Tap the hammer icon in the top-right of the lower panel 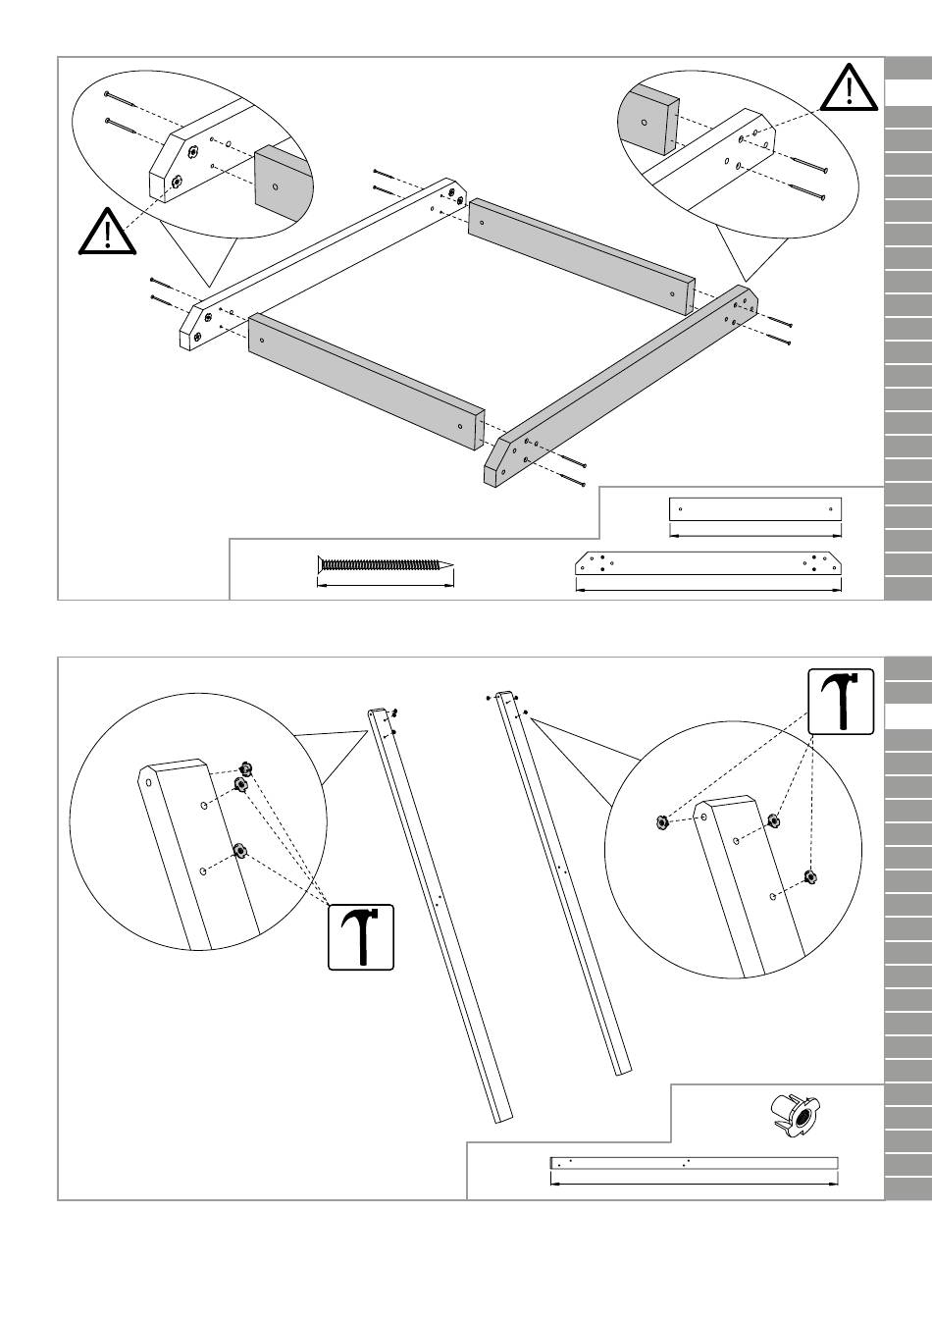tap(840, 701)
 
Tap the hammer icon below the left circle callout tap(361, 937)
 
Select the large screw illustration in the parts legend tap(385, 564)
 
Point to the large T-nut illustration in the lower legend tap(793, 1115)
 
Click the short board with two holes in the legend tap(754, 509)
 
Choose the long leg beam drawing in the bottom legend tap(694, 1163)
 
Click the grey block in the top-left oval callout tap(281, 179)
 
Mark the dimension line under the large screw tap(385, 586)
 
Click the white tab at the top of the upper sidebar tap(907, 93)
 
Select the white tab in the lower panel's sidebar tap(907, 716)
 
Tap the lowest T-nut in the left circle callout tap(238, 850)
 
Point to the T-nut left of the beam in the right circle tap(662, 822)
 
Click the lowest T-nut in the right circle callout tap(809, 875)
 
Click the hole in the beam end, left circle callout tap(149, 782)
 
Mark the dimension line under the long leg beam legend tap(694, 1183)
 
